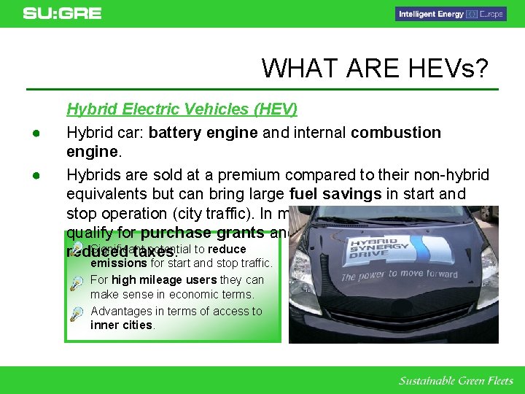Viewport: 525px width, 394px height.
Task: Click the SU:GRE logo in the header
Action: [62, 13]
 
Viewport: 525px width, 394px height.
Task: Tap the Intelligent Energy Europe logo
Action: [450, 14]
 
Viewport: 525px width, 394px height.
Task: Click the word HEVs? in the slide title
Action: [445, 68]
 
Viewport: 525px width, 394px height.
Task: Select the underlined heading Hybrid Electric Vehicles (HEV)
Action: [182, 109]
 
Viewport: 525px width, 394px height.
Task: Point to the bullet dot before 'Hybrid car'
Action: [34, 134]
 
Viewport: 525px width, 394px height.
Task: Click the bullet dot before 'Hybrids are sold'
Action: [34, 176]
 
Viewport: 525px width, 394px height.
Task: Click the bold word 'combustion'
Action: [395, 133]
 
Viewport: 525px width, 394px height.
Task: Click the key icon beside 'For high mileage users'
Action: [77, 282]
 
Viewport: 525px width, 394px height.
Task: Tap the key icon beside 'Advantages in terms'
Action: [77, 313]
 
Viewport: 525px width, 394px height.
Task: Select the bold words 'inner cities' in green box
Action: [121, 325]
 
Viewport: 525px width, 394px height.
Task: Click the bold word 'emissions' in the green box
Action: [118, 263]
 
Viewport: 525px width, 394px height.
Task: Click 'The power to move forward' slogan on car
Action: [399, 275]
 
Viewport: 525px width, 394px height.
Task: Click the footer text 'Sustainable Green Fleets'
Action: [455, 381]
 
